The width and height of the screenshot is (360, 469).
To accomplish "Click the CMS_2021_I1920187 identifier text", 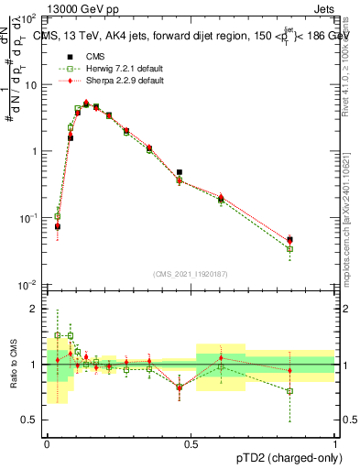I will [191, 273].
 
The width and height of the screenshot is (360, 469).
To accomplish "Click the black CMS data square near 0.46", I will [180, 172].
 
